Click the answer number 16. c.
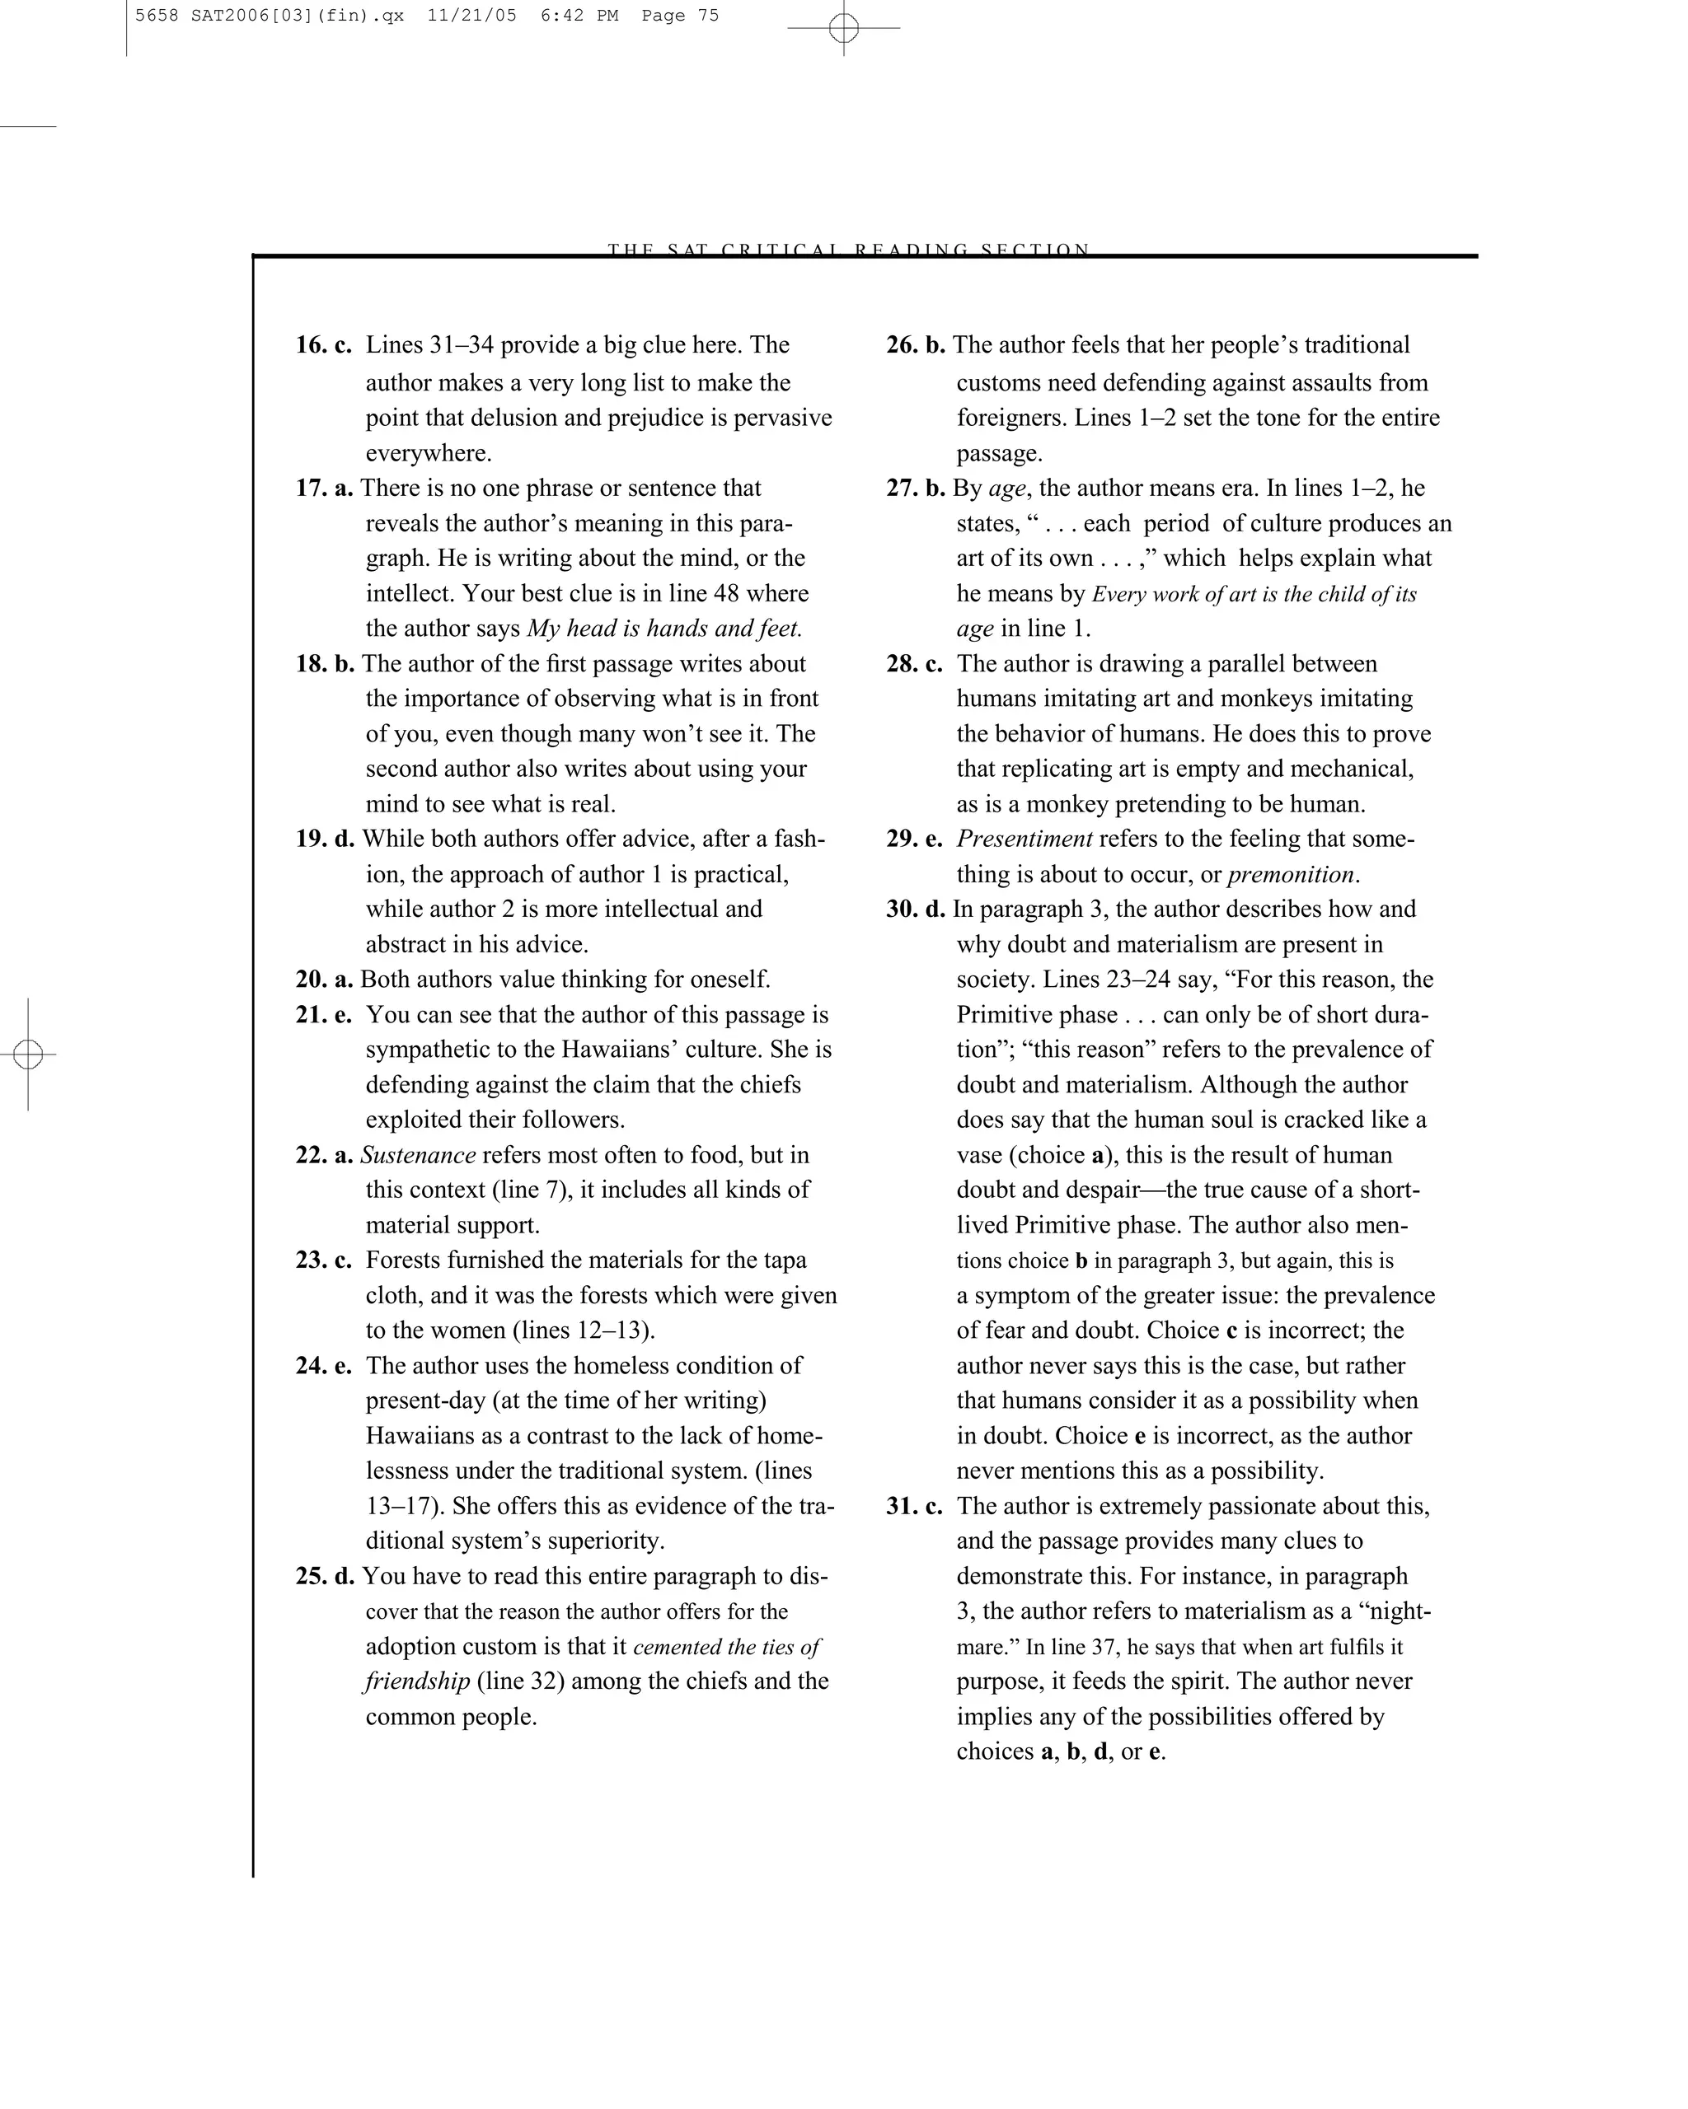click(323, 345)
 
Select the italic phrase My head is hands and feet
click(663, 628)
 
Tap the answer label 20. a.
click(324, 980)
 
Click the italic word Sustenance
click(418, 1155)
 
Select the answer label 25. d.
click(325, 1576)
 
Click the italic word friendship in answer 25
click(417, 1681)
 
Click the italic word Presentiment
click(1024, 839)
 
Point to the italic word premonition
click(1291, 875)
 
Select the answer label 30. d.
click(916, 909)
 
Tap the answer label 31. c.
click(914, 1507)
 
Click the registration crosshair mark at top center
click(843, 28)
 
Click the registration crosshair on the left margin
click(28, 1054)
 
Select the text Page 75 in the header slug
click(680, 16)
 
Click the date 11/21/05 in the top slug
click(471, 16)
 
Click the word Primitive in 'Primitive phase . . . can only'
click(1007, 1014)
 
